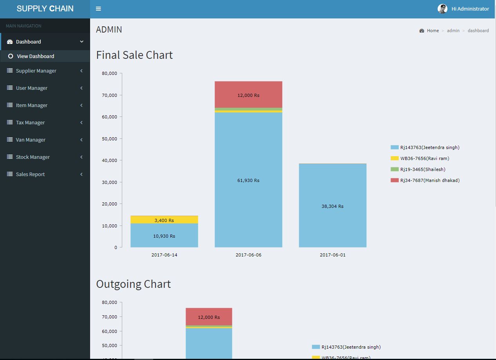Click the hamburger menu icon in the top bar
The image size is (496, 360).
tap(98, 9)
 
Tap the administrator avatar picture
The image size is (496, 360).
tap(442, 9)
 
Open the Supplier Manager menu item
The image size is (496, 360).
tap(36, 71)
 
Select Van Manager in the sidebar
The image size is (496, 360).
tap(31, 140)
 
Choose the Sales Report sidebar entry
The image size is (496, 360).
tap(30, 175)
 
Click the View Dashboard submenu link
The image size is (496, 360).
tap(35, 56)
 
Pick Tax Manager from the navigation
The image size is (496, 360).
tap(30, 123)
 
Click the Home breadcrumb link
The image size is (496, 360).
tap(433, 31)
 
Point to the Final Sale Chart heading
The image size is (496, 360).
tap(134, 55)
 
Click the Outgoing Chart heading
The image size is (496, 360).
tap(133, 284)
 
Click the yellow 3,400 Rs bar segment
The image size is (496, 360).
tap(164, 220)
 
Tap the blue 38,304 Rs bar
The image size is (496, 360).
tap(333, 206)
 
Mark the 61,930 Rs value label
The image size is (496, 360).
tap(248, 180)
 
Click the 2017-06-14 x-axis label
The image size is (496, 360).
tap(164, 255)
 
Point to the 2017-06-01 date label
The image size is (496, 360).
tap(333, 255)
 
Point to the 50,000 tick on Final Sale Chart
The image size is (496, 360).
tap(109, 139)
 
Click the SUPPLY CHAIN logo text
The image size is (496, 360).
tap(45, 9)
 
